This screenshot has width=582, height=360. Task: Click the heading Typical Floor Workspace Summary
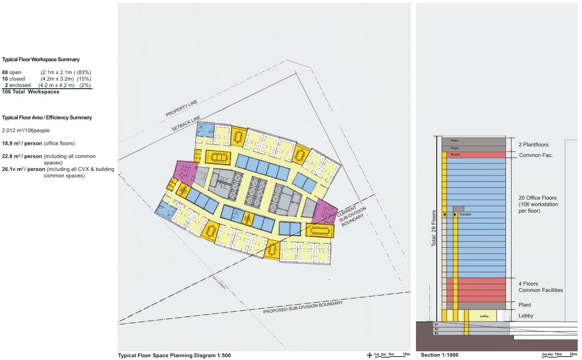tap(41, 60)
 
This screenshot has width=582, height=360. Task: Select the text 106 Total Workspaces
tap(31, 92)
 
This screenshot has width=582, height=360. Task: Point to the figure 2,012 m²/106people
tap(26, 130)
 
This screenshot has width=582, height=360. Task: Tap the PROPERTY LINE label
tap(182, 108)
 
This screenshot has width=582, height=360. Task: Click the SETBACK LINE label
tap(186, 123)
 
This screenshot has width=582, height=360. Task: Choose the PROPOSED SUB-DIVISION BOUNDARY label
tap(303, 307)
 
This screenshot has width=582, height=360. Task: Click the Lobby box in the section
tap(484, 316)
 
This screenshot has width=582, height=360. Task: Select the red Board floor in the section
tap(476, 154)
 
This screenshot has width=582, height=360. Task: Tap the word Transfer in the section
tap(465, 215)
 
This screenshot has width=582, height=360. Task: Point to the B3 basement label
tap(436, 333)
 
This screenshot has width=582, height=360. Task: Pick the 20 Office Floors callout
tap(538, 204)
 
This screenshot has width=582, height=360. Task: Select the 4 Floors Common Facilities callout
tap(540, 287)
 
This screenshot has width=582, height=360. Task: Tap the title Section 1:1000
tap(439, 355)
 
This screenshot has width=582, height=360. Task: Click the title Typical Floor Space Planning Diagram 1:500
tap(174, 356)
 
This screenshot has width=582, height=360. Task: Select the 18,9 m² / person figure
tap(22, 143)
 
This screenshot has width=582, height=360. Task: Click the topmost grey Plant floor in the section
tap(473, 141)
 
